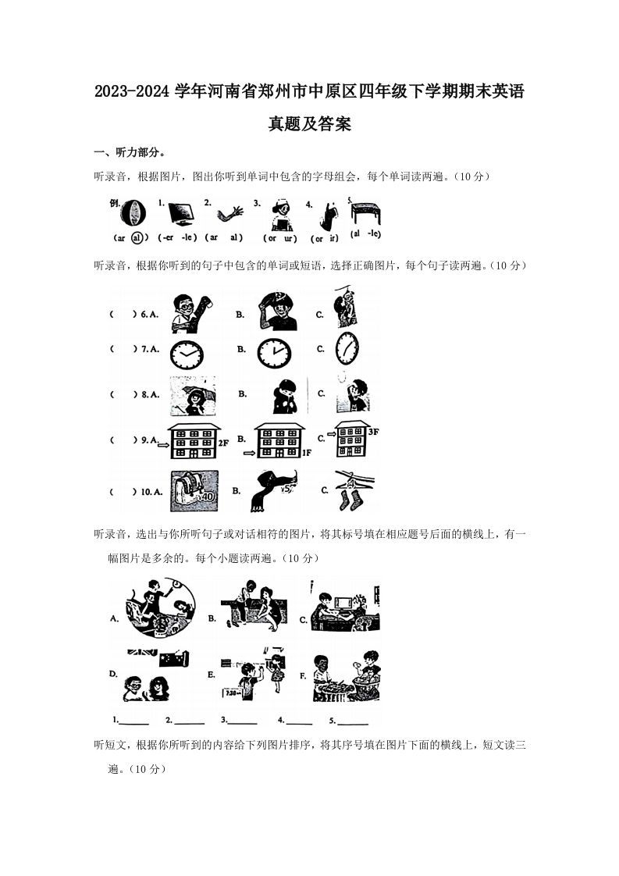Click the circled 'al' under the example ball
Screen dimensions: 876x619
(x=137, y=237)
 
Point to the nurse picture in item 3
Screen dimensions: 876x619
(x=279, y=213)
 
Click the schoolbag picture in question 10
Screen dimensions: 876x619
(x=194, y=490)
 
